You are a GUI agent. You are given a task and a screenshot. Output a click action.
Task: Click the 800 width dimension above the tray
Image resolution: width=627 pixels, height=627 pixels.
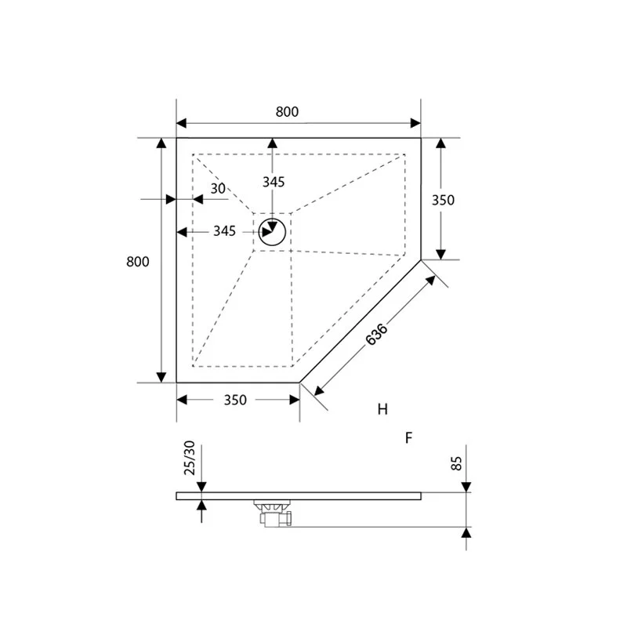coord(287,112)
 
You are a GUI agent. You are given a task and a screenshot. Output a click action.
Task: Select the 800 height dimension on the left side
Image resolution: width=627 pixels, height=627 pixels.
coord(137,262)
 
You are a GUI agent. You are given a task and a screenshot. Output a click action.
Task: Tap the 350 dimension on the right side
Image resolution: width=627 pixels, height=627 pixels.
coord(444,200)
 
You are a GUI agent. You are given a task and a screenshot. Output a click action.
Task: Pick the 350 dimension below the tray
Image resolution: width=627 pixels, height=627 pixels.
coord(235,400)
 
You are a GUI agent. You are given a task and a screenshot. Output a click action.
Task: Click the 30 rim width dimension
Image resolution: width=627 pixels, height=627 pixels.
coord(218,188)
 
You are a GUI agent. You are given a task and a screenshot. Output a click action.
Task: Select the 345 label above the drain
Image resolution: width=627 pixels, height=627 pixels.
coord(273,182)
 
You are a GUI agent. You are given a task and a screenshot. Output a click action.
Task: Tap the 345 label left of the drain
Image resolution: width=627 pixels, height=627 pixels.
coord(224,231)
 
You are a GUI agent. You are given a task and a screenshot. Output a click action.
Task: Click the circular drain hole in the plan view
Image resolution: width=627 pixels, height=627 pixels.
coord(272,233)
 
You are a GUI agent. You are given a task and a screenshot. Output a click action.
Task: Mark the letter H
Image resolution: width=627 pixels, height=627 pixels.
coord(382,409)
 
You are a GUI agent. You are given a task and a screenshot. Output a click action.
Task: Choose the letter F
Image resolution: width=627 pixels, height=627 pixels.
coord(408,438)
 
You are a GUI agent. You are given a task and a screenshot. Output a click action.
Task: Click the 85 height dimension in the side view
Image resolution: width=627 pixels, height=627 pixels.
coord(458,462)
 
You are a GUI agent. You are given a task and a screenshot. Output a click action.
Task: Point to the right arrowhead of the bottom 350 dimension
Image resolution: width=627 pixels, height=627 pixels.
coord(294,400)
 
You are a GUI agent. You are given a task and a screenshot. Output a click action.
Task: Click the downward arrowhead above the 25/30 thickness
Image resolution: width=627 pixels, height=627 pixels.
coord(203,486)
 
